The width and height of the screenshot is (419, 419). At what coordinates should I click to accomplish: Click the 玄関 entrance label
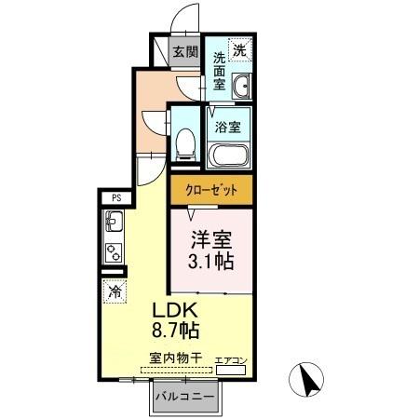click(185, 52)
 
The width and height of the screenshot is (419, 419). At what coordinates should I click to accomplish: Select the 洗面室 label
click(219, 71)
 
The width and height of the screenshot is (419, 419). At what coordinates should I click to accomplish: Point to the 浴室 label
click(227, 126)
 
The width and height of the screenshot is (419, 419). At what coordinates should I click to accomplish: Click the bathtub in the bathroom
click(229, 155)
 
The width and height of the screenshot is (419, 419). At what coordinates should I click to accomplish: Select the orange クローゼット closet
click(211, 189)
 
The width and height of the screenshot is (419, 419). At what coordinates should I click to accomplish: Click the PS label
click(116, 197)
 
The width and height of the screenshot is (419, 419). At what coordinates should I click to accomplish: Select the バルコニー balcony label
click(185, 398)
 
